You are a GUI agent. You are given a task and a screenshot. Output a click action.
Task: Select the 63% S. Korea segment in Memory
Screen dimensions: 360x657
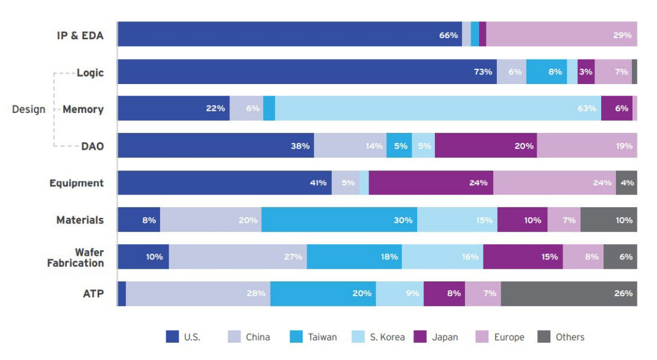tap(437, 109)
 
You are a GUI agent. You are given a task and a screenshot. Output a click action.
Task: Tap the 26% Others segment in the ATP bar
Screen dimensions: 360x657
tap(569, 294)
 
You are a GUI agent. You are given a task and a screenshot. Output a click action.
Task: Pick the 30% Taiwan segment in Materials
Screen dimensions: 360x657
tap(339, 220)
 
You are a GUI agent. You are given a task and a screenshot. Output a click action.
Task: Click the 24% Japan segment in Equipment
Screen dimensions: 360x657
tap(431, 183)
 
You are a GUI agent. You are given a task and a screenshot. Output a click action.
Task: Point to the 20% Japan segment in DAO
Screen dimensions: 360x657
tap(486, 146)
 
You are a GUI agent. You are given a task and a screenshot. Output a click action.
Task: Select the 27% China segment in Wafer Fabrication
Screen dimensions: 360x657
tap(238, 257)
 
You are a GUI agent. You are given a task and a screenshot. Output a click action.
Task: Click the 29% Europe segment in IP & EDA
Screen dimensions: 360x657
tap(561, 34)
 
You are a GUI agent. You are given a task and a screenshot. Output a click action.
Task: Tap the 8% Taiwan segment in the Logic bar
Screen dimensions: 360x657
tap(547, 72)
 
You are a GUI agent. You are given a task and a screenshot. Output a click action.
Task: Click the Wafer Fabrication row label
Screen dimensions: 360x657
tap(75, 258)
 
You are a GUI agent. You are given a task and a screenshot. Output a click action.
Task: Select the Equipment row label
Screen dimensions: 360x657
tap(77, 183)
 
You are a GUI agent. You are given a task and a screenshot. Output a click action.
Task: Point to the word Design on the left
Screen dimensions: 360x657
tap(29, 110)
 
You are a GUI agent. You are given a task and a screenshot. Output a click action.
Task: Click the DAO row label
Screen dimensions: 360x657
tap(92, 147)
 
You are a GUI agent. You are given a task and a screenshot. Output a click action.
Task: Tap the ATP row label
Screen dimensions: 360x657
tap(93, 294)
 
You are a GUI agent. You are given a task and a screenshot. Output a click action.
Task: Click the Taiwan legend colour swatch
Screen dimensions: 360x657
tap(296, 337)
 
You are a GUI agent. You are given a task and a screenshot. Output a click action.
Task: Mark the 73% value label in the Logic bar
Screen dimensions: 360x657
tap(483, 72)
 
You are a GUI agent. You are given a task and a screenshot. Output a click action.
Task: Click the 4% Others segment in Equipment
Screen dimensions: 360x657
tap(626, 183)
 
